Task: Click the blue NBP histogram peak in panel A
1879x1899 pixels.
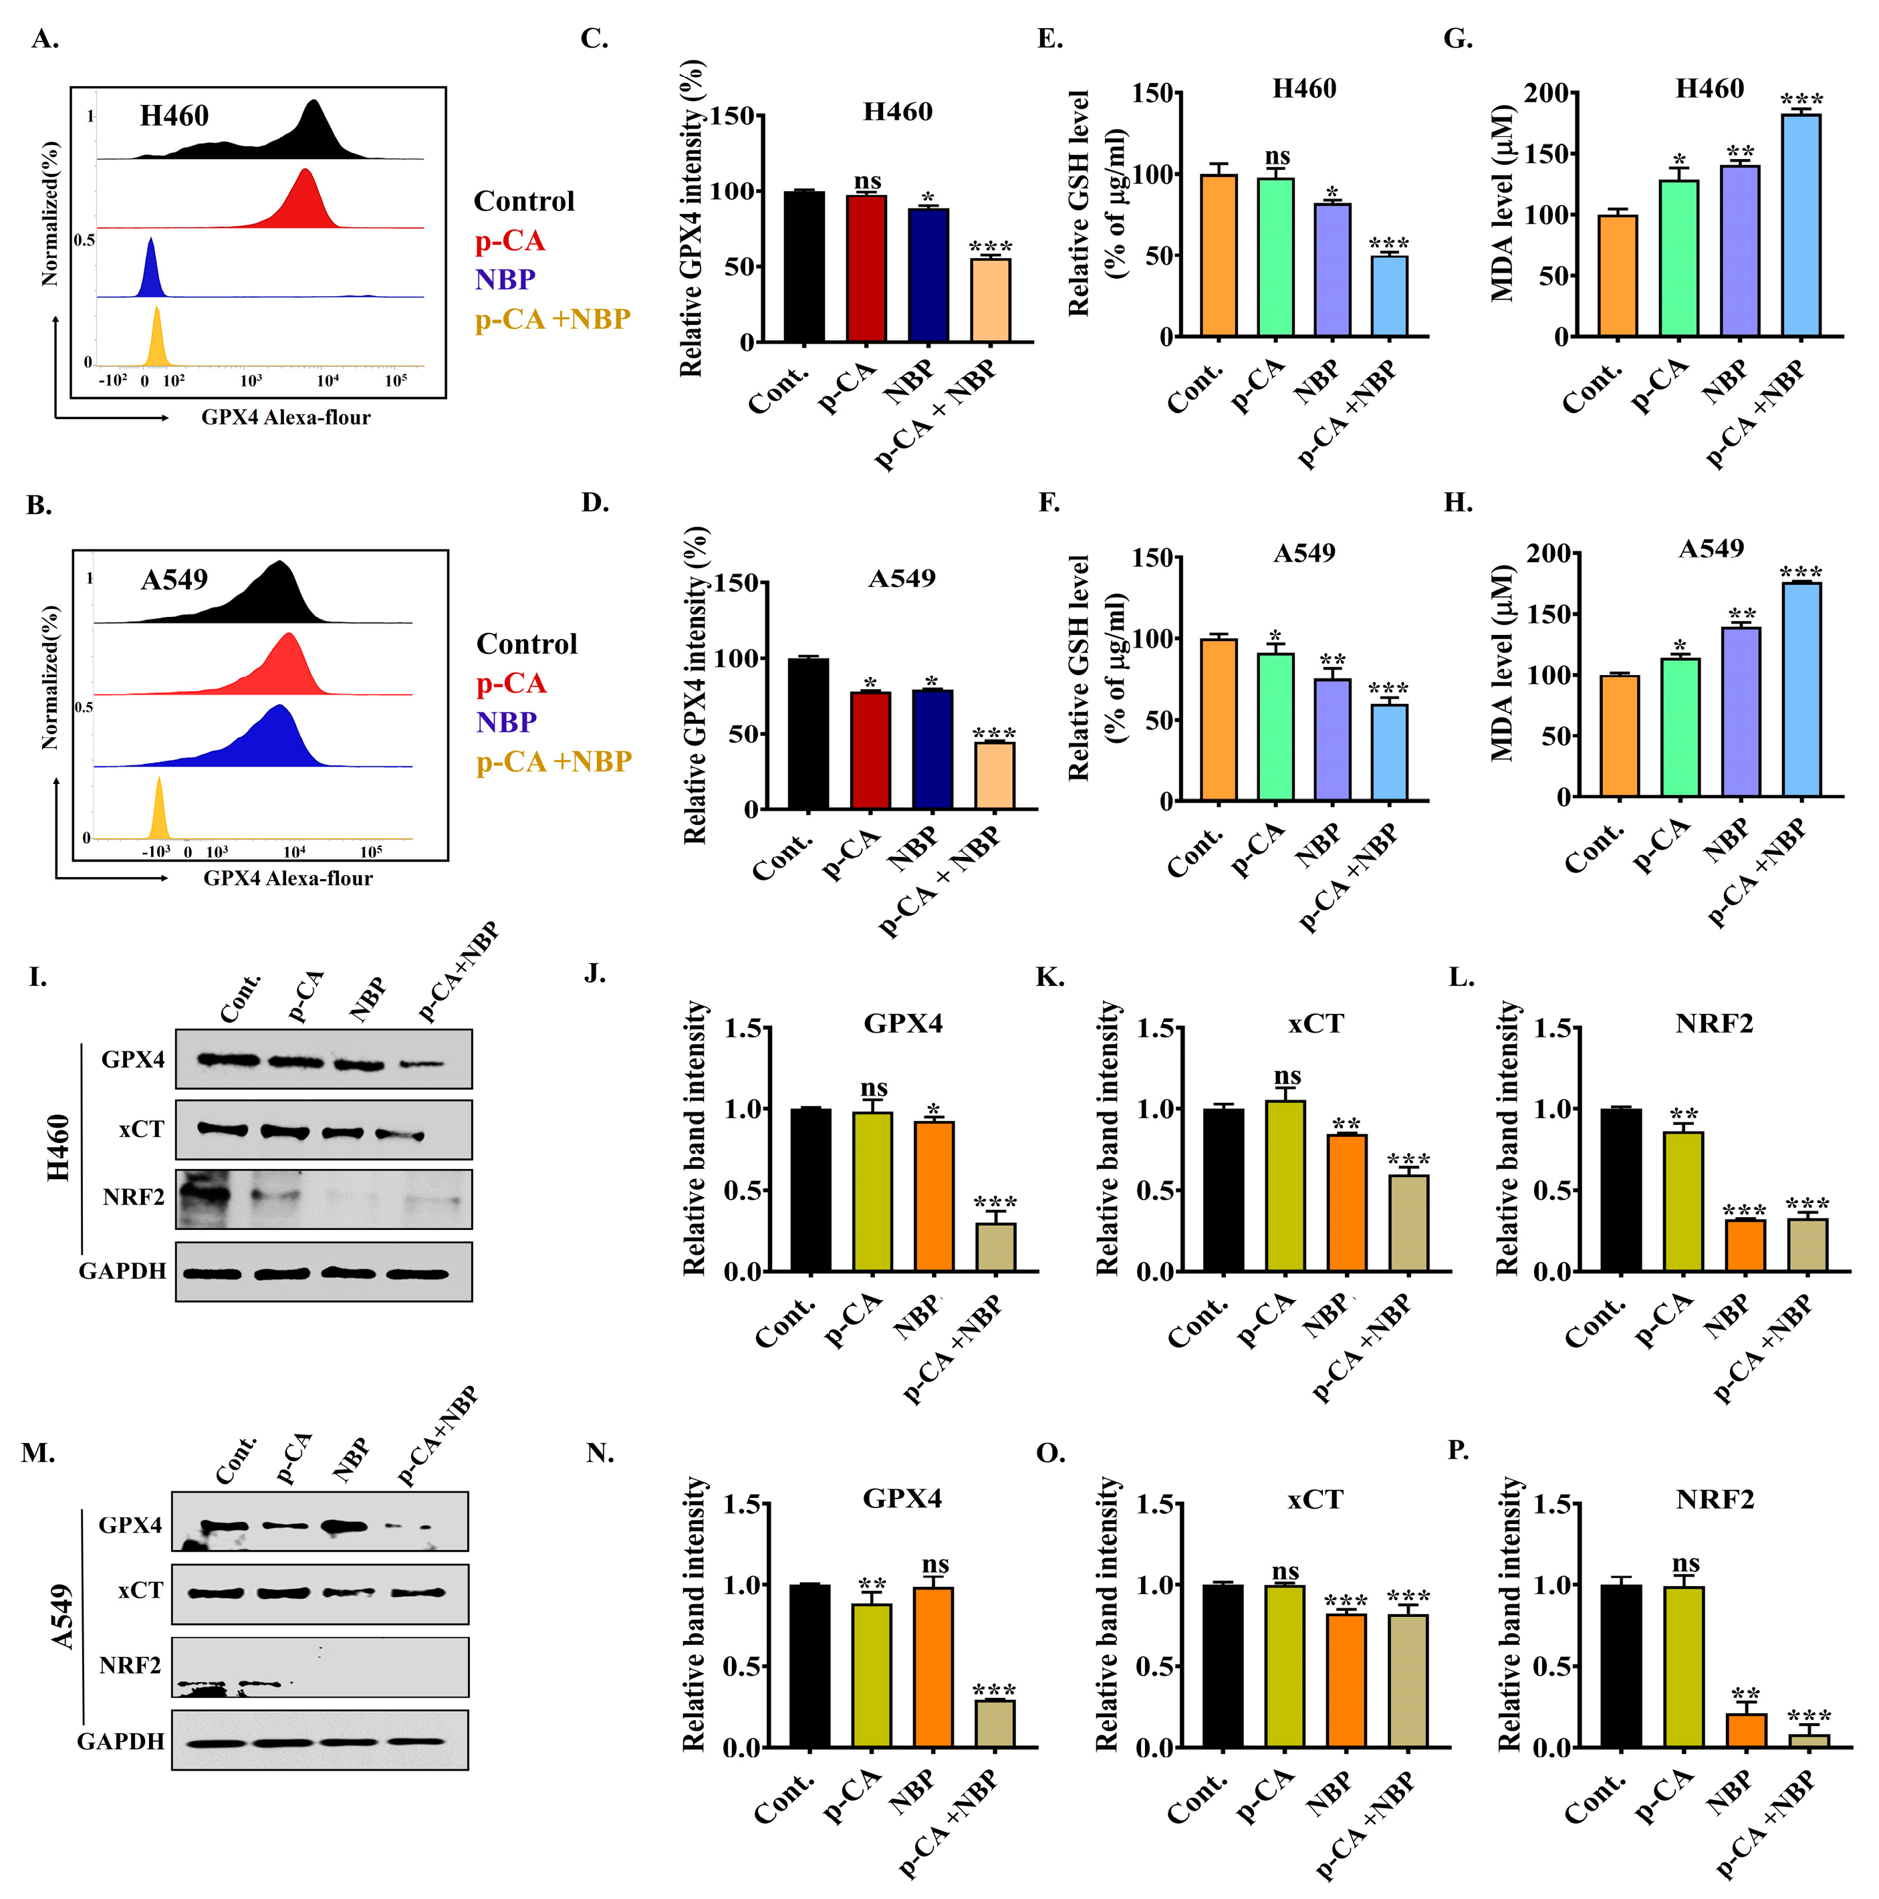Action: [x=150, y=270]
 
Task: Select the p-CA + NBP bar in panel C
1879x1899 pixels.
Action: [x=989, y=300]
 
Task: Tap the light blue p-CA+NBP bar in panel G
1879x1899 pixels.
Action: [x=1800, y=226]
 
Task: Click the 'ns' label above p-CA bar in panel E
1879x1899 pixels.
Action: [x=1277, y=156]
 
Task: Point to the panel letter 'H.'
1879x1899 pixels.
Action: [x=1457, y=503]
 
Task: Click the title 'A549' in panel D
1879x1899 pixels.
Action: [x=901, y=578]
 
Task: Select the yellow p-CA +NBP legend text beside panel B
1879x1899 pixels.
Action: [x=553, y=762]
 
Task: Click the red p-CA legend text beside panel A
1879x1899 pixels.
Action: [x=509, y=241]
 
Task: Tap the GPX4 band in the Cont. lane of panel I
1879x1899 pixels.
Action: [x=228, y=1059]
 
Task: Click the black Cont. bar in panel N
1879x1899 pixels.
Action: [x=809, y=1665]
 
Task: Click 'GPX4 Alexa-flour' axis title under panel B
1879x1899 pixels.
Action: [x=288, y=878]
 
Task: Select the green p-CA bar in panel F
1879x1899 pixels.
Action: [x=1275, y=727]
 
